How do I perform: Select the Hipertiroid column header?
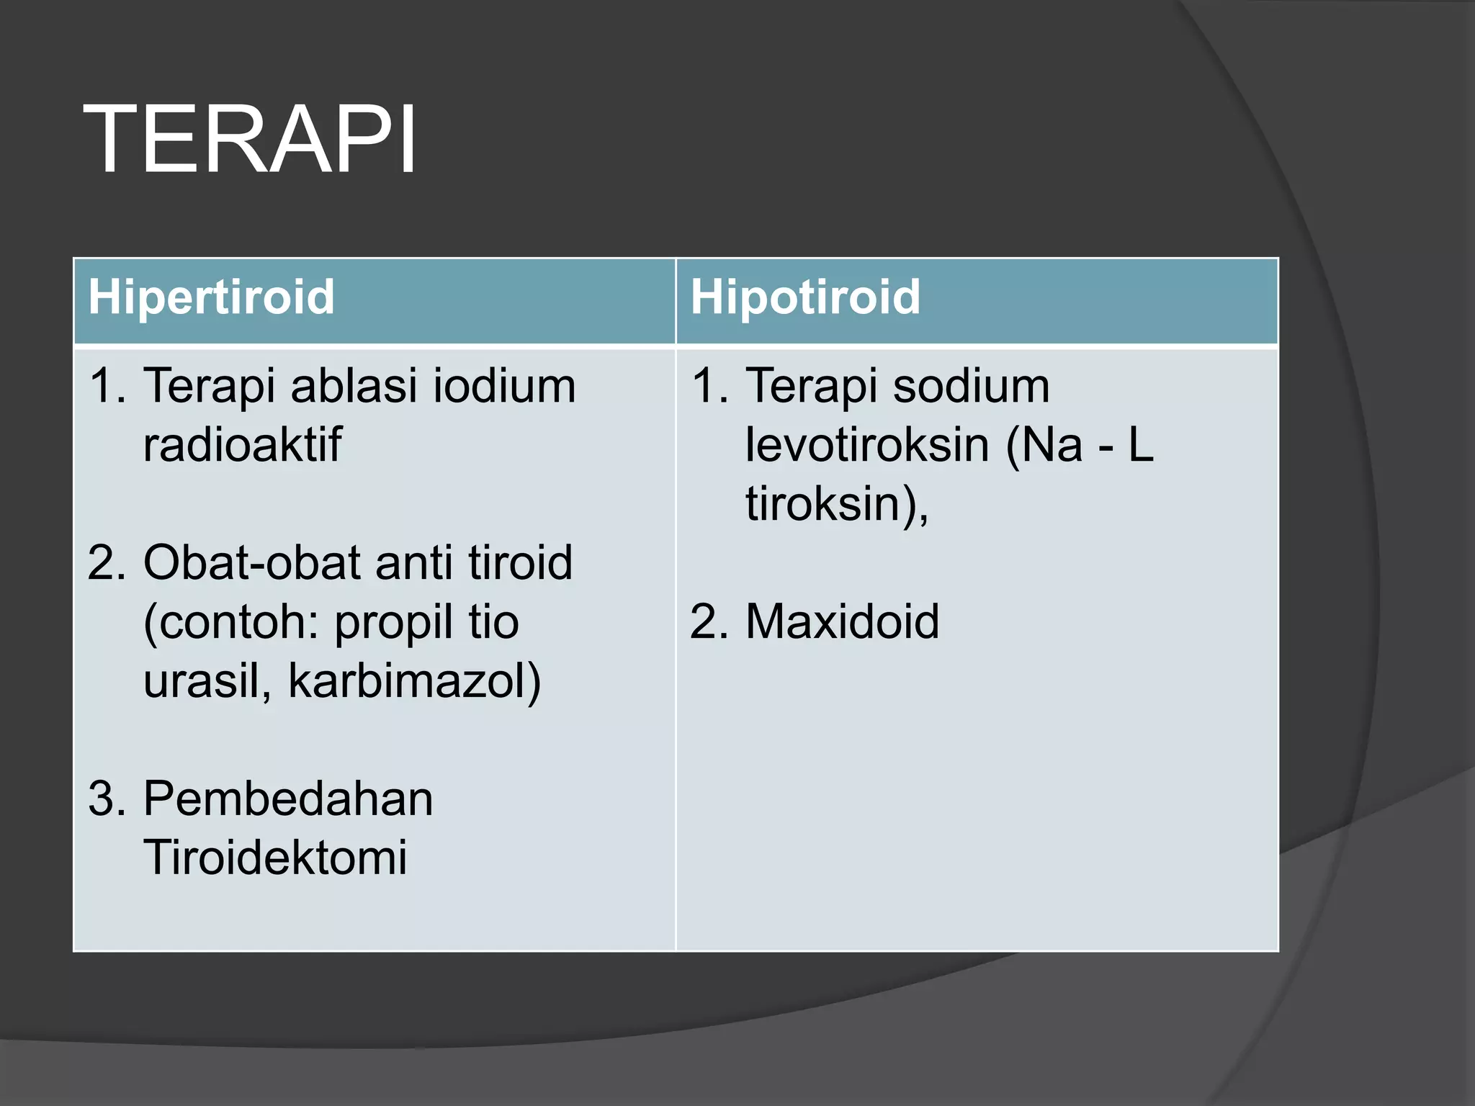[x=211, y=297]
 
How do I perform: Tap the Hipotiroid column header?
[x=805, y=297]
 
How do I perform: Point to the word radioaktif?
[x=242, y=445]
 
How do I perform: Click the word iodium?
[x=504, y=386]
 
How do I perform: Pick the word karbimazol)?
[x=414, y=680]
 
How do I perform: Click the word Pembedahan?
[x=288, y=799]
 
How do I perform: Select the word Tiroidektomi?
[x=275, y=858]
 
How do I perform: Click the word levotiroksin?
[x=867, y=445]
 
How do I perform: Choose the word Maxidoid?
[x=842, y=621]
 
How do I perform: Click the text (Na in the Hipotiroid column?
[x=1044, y=445]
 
